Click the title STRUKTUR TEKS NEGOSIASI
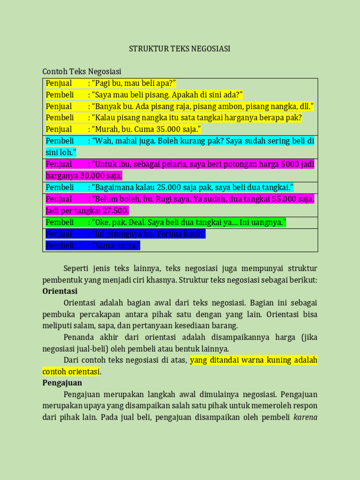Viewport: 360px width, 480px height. [x=180, y=49]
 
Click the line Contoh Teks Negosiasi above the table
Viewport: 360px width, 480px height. [x=82, y=71]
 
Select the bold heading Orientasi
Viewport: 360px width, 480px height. [x=60, y=291]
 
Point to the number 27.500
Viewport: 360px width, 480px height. [x=115, y=210]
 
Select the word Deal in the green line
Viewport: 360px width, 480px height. [x=138, y=222]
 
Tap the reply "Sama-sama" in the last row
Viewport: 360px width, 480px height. [x=115, y=245]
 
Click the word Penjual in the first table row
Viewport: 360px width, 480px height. [x=59, y=83]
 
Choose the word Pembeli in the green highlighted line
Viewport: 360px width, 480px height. [x=60, y=222]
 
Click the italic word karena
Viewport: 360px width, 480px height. [x=305, y=417]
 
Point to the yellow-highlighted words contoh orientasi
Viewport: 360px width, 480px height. [x=71, y=372]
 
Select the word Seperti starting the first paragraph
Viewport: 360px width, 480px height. [x=78, y=269]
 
